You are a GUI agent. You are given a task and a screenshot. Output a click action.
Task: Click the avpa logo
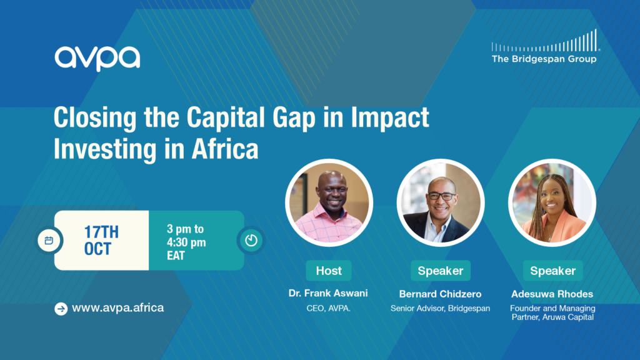pyautogui.click(x=97, y=58)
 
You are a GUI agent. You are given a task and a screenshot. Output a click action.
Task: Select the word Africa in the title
pyautogui.click(x=225, y=149)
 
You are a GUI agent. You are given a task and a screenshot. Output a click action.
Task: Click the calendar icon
pyautogui.click(x=49, y=241)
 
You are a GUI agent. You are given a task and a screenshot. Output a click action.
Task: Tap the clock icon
pyautogui.click(x=251, y=241)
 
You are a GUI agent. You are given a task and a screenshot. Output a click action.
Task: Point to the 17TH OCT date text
pyautogui.click(x=101, y=241)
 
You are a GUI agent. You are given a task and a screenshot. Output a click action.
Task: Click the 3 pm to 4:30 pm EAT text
pyautogui.click(x=186, y=242)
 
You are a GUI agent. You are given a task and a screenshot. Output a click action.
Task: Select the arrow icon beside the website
pyautogui.click(x=61, y=309)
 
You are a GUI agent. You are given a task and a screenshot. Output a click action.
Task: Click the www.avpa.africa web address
pyautogui.click(x=118, y=307)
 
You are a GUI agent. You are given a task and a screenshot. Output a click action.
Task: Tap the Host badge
pyautogui.click(x=329, y=271)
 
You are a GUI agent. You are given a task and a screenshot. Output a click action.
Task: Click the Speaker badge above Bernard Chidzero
pyautogui.click(x=441, y=271)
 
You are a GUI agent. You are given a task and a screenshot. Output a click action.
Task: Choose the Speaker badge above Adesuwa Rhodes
pyautogui.click(x=552, y=271)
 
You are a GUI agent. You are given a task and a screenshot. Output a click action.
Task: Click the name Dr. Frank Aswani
pyautogui.click(x=328, y=293)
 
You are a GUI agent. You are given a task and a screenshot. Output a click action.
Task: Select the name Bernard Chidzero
pyautogui.click(x=440, y=294)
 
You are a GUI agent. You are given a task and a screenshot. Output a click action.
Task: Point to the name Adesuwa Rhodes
pyautogui.click(x=552, y=294)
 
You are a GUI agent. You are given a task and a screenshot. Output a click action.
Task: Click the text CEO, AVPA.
pyautogui.click(x=328, y=309)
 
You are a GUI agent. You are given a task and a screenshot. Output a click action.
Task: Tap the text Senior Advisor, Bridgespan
pyautogui.click(x=440, y=309)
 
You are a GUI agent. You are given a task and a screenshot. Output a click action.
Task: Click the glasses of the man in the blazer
pyautogui.click(x=441, y=196)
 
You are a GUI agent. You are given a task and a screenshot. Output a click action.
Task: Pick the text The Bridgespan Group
pyautogui.click(x=544, y=59)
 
